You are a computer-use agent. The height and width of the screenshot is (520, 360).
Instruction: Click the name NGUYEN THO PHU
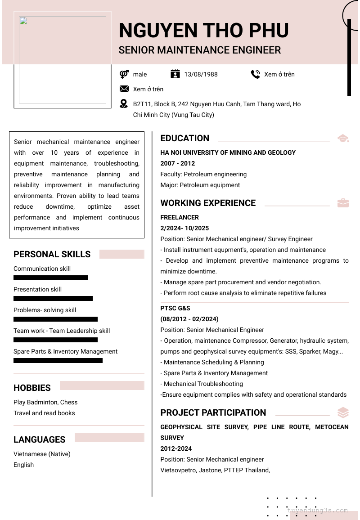click(x=203, y=31)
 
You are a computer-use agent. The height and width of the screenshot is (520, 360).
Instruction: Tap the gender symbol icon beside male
click(x=124, y=74)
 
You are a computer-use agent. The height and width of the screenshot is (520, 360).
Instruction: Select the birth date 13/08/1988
click(x=201, y=74)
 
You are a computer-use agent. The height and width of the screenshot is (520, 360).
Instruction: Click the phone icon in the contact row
click(x=256, y=74)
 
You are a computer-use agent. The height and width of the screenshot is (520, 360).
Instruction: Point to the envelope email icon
click(x=124, y=89)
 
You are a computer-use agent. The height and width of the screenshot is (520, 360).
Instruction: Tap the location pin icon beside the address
click(x=124, y=104)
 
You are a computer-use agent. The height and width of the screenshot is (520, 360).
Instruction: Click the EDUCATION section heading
click(x=185, y=138)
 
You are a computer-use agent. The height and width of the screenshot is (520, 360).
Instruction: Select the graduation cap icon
click(x=343, y=138)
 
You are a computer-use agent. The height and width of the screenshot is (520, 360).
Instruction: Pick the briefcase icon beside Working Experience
click(x=343, y=203)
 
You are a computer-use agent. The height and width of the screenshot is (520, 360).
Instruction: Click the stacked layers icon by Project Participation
click(x=343, y=412)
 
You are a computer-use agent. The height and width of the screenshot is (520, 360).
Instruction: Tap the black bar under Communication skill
click(x=50, y=278)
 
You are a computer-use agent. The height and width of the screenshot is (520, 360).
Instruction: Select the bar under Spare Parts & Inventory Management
click(x=58, y=361)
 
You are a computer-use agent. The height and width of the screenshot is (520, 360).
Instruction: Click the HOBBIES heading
click(x=32, y=388)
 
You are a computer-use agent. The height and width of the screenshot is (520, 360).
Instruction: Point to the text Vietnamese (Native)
click(x=42, y=454)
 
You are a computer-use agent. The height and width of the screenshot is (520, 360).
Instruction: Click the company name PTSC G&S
click(x=175, y=308)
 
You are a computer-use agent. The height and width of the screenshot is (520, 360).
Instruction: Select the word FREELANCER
click(x=180, y=217)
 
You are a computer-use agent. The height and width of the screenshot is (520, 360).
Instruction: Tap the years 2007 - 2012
click(x=178, y=163)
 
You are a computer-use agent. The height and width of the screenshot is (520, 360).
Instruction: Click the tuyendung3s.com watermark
click(x=318, y=511)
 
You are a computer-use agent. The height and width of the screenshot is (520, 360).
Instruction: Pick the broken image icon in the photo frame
click(x=23, y=21)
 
